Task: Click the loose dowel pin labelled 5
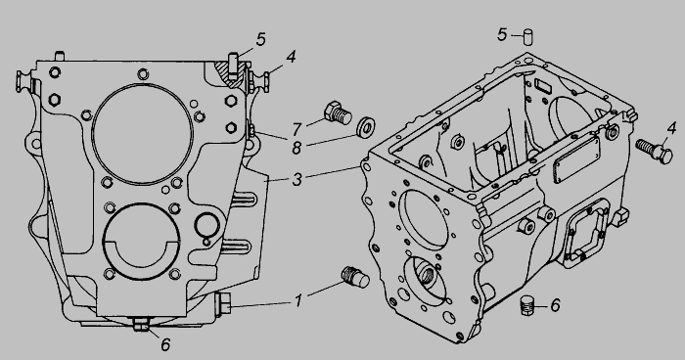click(528, 37)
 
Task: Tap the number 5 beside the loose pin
click(502, 34)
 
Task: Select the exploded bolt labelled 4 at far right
click(654, 151)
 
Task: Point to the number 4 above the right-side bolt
click(671, 128)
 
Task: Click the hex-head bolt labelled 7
click(339, 112)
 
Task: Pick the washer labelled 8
click(366, 126)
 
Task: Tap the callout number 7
click(297, 129)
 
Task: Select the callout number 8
click(297, 148)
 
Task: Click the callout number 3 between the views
click(297, 179)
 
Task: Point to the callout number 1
click(297, 301)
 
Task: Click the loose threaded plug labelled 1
click(355, 277)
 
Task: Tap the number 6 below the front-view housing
click(165, 344)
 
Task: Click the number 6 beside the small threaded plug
click(555, 305)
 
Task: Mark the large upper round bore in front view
click(143, 134)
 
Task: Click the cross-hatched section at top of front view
click(228, 73)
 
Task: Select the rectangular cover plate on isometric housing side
click(576, 159)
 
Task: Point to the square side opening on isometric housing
click(585, 233)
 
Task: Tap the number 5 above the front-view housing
click(260, 39)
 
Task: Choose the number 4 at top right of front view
click(291, 57)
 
